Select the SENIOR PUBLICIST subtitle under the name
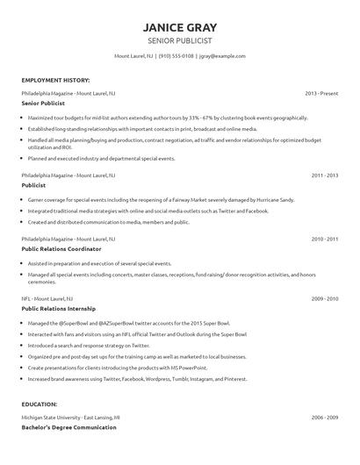[179, 40]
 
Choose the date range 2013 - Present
[321, 92]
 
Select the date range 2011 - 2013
[324, 175]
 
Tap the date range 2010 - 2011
[324, 238]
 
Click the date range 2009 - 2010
[324, 298]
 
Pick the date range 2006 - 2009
[324, 418]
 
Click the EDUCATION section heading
[40, 404]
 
